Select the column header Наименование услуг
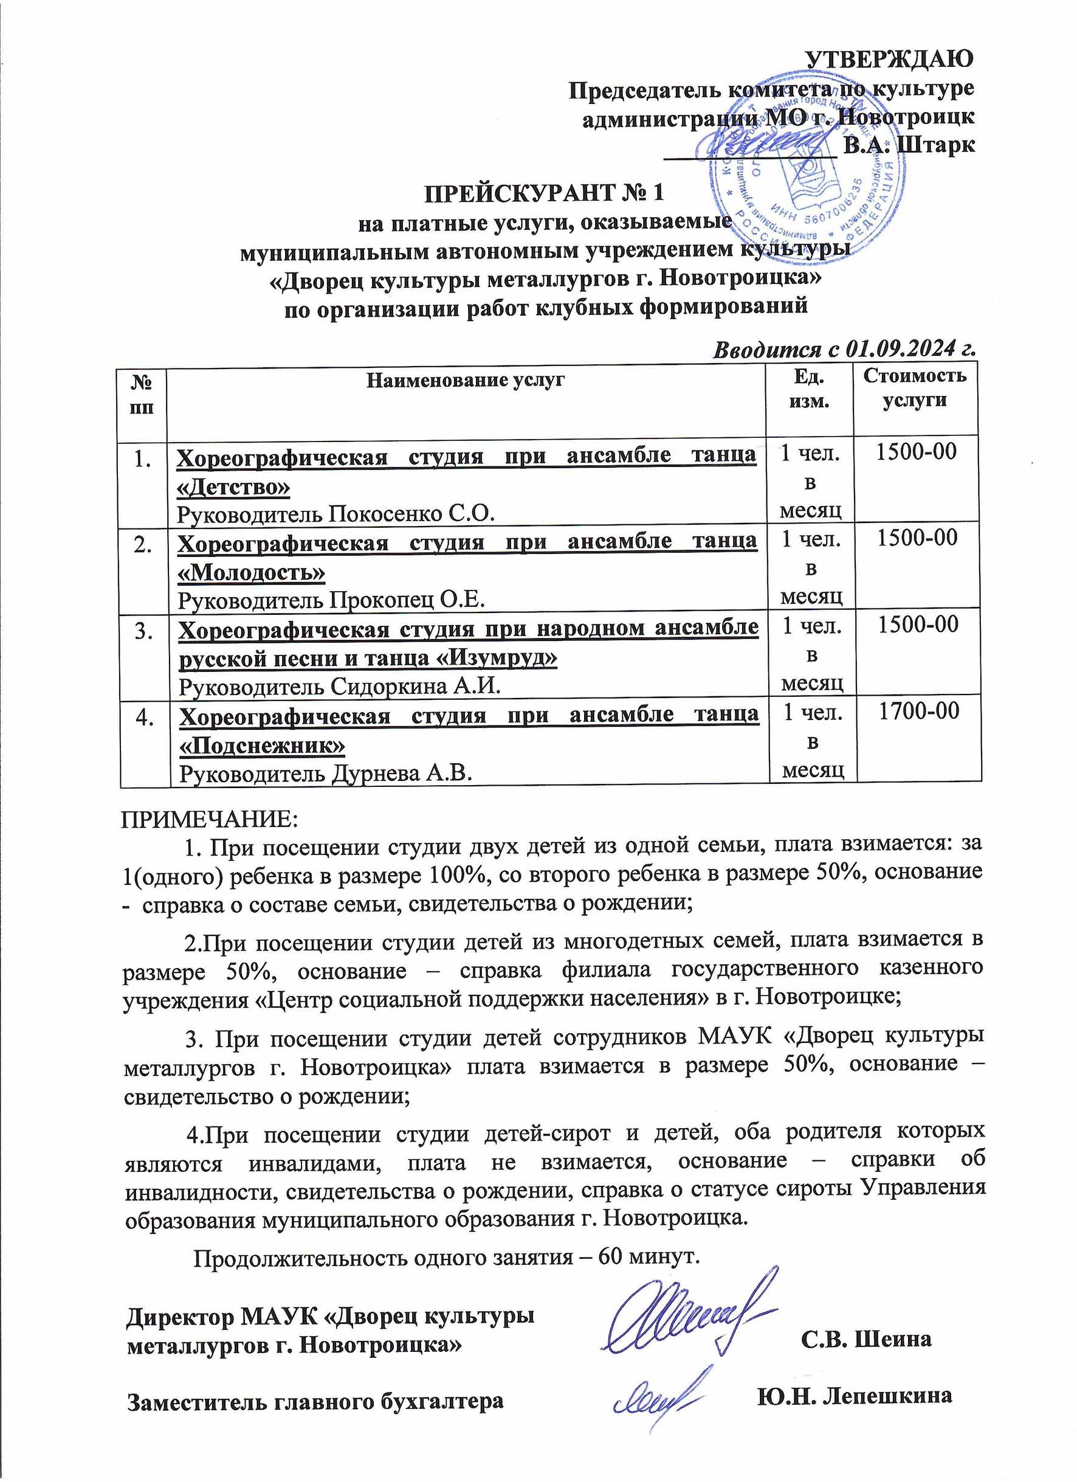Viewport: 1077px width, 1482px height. coord(465,380)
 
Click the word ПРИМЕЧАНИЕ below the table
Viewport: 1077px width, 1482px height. coord(209,818)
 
